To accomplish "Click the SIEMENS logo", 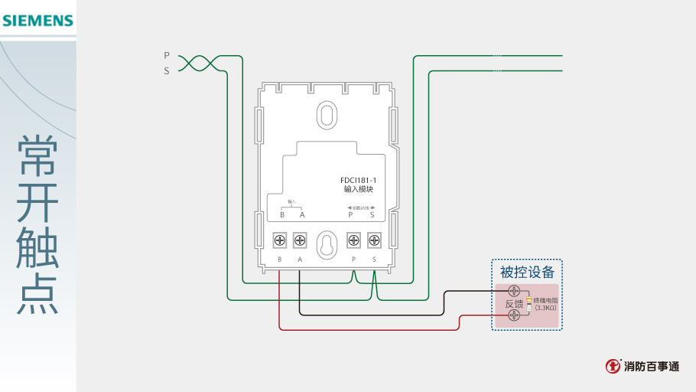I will pos(37,21).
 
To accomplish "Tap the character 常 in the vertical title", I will pos(37,156).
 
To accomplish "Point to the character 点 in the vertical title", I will pos(37,294).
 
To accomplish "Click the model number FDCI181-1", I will pos(359,180).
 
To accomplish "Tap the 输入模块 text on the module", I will pos(359,189).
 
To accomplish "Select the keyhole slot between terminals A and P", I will pos(327,244).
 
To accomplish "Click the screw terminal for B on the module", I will pos(280,241).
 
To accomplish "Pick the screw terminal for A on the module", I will pos(300,241).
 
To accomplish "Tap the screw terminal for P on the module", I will pos(353,241).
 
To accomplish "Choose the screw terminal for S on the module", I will pos(373,241).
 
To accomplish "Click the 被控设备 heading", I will pos(527,272).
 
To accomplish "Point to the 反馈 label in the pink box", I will pos(514,303).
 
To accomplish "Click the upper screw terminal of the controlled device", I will pos(515,291).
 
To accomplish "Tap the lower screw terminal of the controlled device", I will pos(515,315).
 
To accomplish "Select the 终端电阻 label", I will pos(545,300).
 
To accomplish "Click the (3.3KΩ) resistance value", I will pos(545,308).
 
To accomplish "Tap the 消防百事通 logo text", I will pos(651,367).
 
